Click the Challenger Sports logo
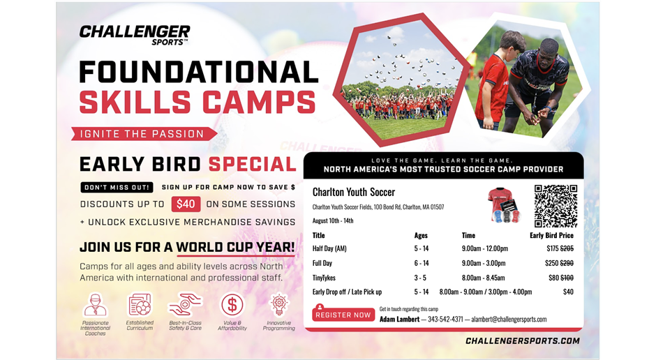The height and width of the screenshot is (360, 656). tap(135, 34)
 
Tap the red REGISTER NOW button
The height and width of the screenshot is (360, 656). tap(343, 315)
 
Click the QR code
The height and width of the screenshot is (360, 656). tap(556, 206)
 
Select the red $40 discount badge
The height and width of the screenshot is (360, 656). tap(186, 204)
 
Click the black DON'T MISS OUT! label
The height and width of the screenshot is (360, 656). tap(117, 187)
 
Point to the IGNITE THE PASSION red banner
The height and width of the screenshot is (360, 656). tap(142, 133)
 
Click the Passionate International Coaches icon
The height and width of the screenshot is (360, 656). tap(95, 306)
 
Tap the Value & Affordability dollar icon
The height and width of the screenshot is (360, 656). tap(232, 305)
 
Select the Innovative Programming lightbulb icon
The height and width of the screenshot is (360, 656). tap(279, 305)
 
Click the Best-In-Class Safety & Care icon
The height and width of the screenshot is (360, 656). tap(185, 305)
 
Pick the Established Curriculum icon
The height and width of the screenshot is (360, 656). tap(140, 305)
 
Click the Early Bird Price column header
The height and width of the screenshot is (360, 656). tap(551, 236)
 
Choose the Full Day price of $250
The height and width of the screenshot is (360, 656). tap(552, 263)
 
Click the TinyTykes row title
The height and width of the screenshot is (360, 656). tap(324, 278)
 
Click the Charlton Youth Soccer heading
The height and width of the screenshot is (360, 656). tap(354, 192)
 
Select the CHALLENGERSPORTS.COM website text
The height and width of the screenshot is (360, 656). tap(522, 341)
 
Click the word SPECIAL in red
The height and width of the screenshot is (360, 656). tap(252, 165)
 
